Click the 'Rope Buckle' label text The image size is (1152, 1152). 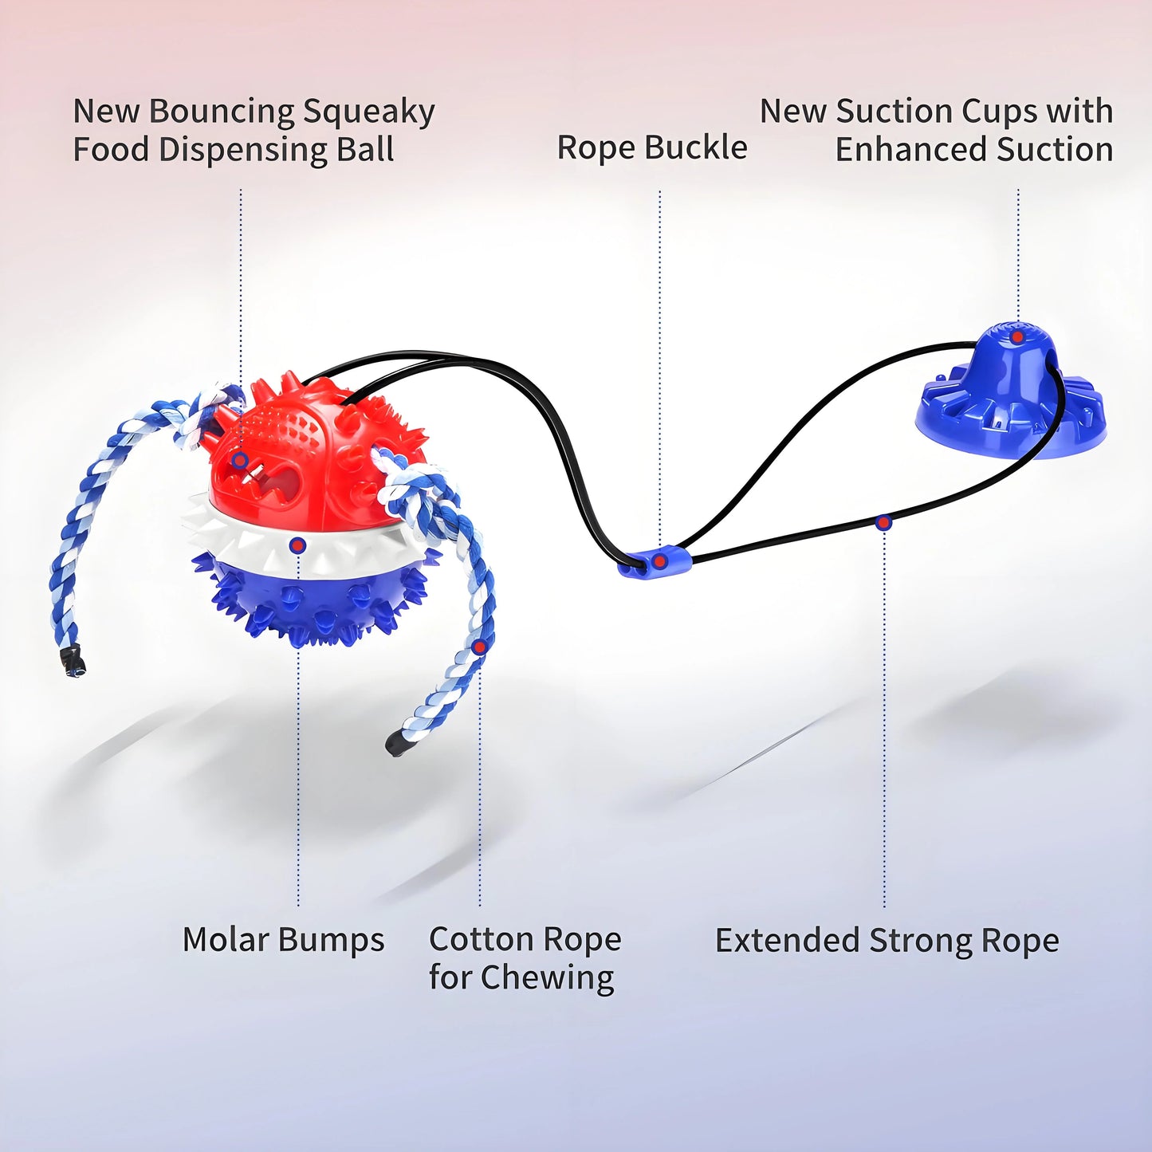(x=652, y=147)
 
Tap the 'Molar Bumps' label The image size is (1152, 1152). (x=283, y=939)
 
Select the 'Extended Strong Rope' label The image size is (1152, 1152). (x=887, y=941)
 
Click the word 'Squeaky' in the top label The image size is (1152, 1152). (x=369, y=112)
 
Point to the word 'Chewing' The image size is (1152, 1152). (x=547, y=979)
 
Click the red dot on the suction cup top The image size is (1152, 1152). (x=1016, y=337)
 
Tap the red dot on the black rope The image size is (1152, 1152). (x=883, y=523)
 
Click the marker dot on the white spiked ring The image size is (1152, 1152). (x=297, y=545)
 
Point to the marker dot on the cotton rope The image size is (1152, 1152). (x=479, y=647)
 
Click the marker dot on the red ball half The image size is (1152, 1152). (x=240, y=460)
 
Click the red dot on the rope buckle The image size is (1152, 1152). (x=659, y=560)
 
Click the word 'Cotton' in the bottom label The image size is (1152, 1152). (x=482, y=939)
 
